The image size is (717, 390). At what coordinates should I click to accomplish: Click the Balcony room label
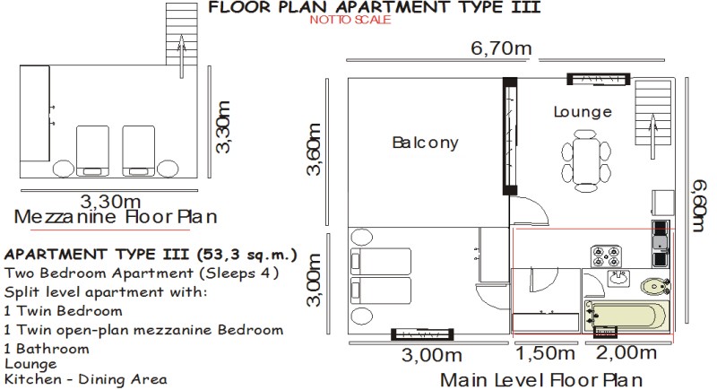click(425, 143)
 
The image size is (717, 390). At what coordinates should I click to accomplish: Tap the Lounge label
click(583, 112)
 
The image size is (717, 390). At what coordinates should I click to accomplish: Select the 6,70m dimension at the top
click(501, 48)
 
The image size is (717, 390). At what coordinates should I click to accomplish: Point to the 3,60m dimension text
click(315, 150)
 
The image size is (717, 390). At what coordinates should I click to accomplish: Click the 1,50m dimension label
click(545, 353)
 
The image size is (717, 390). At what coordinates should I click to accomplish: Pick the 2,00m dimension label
click(626, 352)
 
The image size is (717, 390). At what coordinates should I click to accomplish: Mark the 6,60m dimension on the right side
click(699, 205)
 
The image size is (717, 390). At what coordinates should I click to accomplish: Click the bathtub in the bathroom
click(626, 316)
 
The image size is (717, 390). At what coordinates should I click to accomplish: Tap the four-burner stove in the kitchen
click(606, 256)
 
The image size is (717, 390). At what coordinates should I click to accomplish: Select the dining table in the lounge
click(586, 160)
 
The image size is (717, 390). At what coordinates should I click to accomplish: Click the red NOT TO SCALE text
click(350, 20)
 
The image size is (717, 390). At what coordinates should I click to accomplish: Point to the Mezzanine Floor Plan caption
click(116, 217)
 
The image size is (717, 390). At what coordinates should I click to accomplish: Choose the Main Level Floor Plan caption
click(541, 380)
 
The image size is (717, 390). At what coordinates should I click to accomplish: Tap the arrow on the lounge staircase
click(653, 136)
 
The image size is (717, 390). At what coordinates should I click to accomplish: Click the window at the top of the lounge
click(599, 79)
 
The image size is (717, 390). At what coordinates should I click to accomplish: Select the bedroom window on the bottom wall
click(422, 334)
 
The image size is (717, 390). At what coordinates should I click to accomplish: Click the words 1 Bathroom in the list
click(47, 349)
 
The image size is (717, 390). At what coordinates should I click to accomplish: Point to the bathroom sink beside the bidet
click(618, 278)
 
